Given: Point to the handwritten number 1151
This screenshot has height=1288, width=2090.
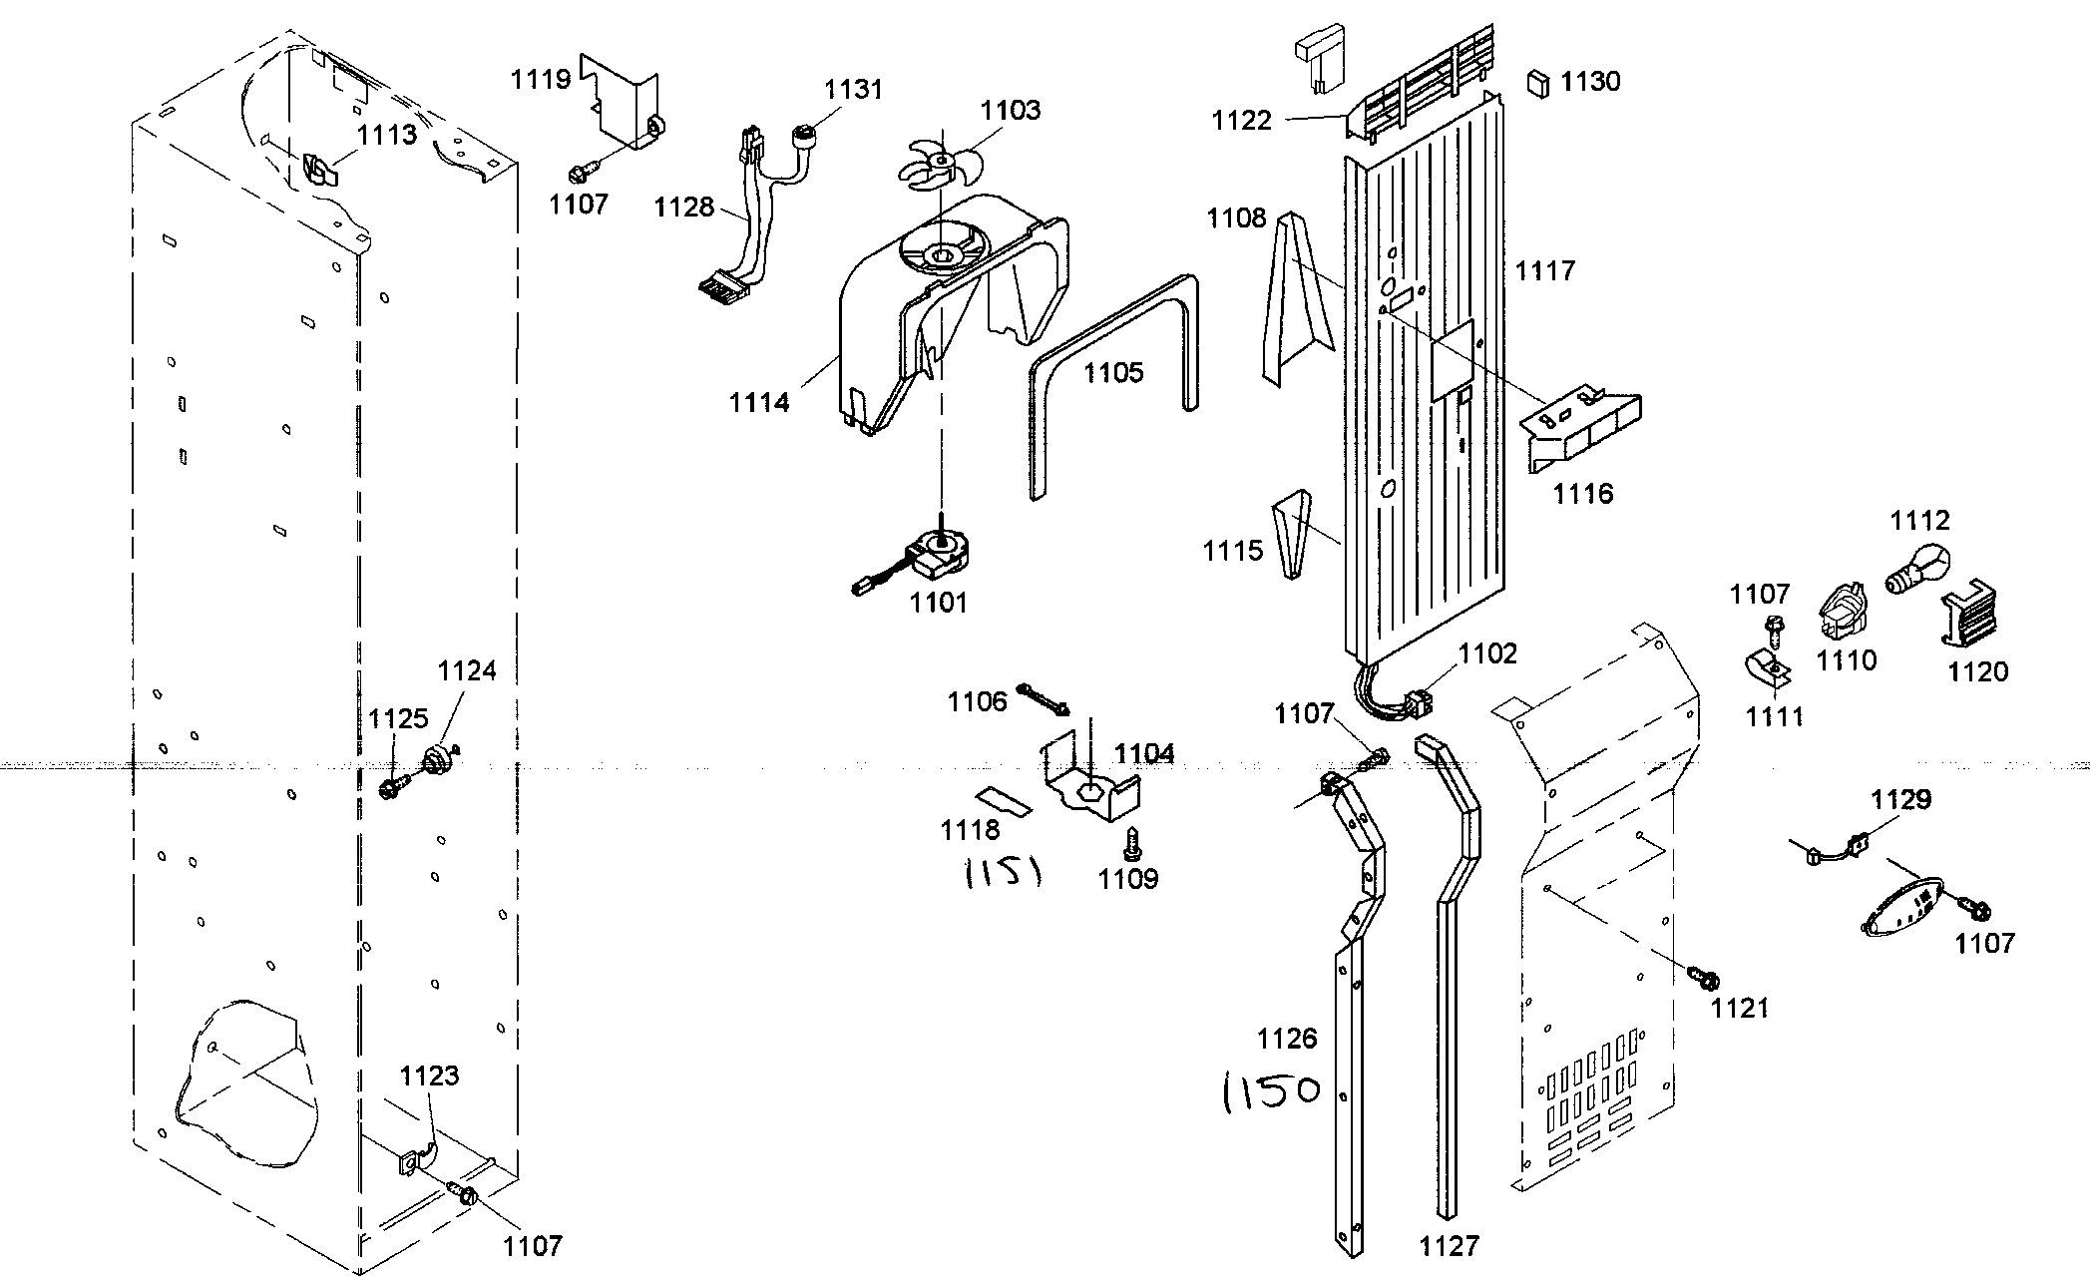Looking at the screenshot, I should tap(1003, 875).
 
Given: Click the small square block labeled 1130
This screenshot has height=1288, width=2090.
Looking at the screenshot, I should tap(1539, 83).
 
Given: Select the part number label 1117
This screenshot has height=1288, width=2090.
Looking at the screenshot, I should tap(1544, 270).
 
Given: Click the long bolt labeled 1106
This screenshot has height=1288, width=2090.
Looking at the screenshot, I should tap(1044, 698).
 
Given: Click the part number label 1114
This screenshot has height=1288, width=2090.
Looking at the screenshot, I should tap(758, 402).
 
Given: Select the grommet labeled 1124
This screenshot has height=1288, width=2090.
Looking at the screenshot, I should tap(437, 761).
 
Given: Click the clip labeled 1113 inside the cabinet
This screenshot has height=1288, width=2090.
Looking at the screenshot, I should tap(318, 171).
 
